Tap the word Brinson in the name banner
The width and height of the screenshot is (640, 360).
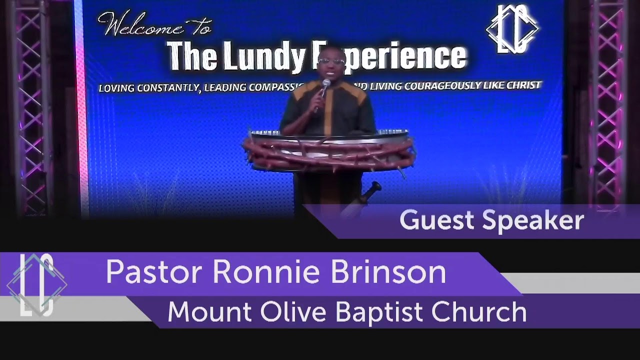coord(387,272)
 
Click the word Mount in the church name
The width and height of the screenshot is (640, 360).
coord(209,311)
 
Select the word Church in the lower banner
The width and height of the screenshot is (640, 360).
coord(479,311)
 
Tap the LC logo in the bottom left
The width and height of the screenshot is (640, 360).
coord(36,285)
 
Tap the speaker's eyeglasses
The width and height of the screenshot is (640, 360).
coord(330,61)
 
